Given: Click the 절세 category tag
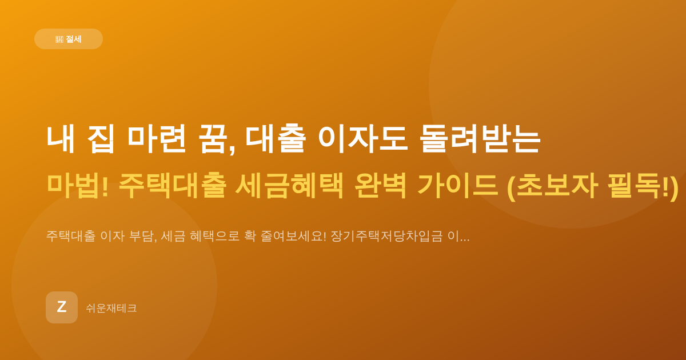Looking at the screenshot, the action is click(68, 39).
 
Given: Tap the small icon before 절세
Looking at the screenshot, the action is click(59, 39).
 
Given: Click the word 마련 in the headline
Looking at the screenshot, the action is click(157, 139).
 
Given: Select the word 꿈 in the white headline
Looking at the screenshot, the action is click(214, 139).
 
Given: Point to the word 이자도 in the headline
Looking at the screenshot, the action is click(363, 139).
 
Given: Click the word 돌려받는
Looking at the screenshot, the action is click(480, 139).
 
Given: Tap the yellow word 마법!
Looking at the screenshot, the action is click(78, 186).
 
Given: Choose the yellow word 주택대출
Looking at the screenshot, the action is click(173, 186).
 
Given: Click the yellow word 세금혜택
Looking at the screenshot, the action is click(289, 186).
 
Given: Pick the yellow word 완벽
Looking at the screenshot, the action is click(380, 186).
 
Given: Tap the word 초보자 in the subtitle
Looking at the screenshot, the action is click(557, 186).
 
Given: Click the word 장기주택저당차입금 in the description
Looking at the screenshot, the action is click(386, 237).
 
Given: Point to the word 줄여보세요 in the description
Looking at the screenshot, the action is click(293, 237).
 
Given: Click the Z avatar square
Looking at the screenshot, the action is click(62, 307).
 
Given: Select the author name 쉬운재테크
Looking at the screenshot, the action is click(111, 308).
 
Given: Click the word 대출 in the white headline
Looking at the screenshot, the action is click(276, 139).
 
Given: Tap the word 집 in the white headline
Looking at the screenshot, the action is click(101, 139).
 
